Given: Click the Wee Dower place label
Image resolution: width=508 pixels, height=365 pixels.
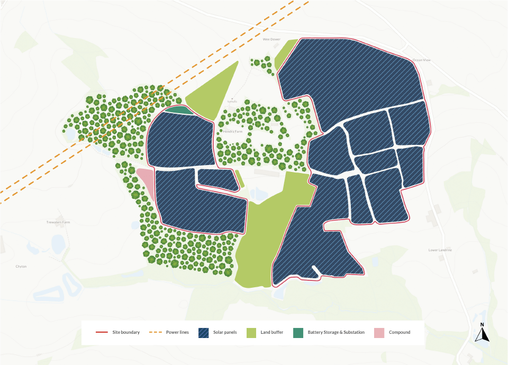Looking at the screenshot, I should pyautogui.click(x=271, y=39).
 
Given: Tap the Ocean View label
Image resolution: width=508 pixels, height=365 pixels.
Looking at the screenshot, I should pyautogui.click(x=422, y=60).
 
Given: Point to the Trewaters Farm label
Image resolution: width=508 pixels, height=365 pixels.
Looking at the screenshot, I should pyautogui.click(x=58, y=222).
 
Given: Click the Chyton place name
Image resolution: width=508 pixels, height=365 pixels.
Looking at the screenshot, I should pyautogui.click(x=21, y=266).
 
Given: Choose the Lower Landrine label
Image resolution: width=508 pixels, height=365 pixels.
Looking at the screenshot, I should pyautogui.click(x=440, y=250).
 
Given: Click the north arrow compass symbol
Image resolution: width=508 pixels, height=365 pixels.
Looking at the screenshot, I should pyautogui.click(x=482, y=333).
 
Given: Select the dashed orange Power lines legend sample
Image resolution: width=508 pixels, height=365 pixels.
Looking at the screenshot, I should pyautogui.click(x=156, y=332).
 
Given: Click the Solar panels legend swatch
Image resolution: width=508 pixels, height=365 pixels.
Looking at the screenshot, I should pyautogui.click(x=204, y=332).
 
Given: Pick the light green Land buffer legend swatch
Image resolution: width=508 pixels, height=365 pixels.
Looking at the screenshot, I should pyautogui.click(x=251, y=332).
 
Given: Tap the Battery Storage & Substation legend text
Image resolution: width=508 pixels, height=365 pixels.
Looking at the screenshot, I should pyautogui.click(x=336, y=332).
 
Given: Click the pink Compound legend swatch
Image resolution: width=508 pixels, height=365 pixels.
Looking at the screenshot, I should pyautogui.click(x=379, y=332).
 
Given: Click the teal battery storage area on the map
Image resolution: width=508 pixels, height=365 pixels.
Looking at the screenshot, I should pyautogui.click(x=179, y=110).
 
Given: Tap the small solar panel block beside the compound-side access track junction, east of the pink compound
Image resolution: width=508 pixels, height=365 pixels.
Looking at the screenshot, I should pyautogui.click(x=217, y=179).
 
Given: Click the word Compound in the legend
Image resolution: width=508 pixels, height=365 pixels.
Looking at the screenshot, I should pyautogui.click(x=400, y=332).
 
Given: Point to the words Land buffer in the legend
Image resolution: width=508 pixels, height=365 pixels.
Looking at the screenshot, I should pyautogui.click(x=272, y=332).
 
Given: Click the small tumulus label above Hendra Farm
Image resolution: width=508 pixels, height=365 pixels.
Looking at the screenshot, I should pyautogui.click(x=231, y=101).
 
